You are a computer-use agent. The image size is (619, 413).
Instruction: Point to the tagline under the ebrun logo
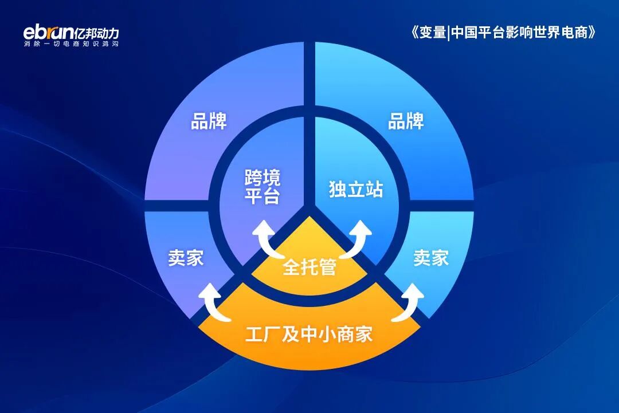tap(71, 44)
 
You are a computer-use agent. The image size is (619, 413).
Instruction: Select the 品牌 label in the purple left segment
tap(209, 121)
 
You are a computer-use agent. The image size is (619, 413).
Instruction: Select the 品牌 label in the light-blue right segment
tap(406, 121)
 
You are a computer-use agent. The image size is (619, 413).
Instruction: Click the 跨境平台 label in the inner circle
tap(263, 186)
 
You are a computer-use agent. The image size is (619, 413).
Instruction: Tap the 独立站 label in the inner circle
tap(356, 190)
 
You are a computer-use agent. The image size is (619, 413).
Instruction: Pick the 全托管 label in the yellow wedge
tap(309, 267)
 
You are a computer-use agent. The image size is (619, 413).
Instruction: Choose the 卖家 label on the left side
tap(186, 258)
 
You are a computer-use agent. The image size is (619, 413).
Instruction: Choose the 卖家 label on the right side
tap(431, 258)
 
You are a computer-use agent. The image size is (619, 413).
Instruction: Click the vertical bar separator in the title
tap(449, 32)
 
